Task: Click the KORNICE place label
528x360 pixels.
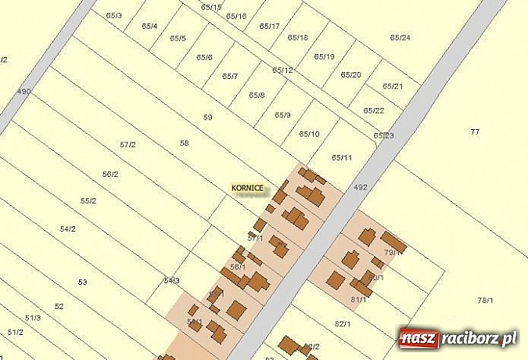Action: coord(247,189)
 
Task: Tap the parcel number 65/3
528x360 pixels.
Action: coord(114,16)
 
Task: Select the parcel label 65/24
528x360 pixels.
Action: coord(400,38)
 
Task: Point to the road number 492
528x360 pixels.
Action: coord(361,188)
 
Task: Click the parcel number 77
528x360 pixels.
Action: coord(475,131)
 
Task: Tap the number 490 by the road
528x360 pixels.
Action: coord(24,92)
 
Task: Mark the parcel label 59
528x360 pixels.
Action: coord(207,117)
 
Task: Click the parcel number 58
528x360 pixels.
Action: coord(185,143)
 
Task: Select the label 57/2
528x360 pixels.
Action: coord(128,145)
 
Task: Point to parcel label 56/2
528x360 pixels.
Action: coord(110,174)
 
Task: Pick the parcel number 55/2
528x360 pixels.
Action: coord(88,201)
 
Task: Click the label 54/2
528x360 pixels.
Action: coord(68,229)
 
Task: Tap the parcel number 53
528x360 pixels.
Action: coord(82,282)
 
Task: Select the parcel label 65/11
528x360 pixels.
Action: coord(342,157)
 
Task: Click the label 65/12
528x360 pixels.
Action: coord(282,70)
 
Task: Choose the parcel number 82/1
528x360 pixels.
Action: coord(343,324)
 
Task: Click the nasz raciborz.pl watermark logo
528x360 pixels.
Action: coord(458,339)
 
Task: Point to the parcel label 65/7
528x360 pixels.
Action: coord(230,77)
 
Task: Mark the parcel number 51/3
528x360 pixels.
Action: coord(33,318)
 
